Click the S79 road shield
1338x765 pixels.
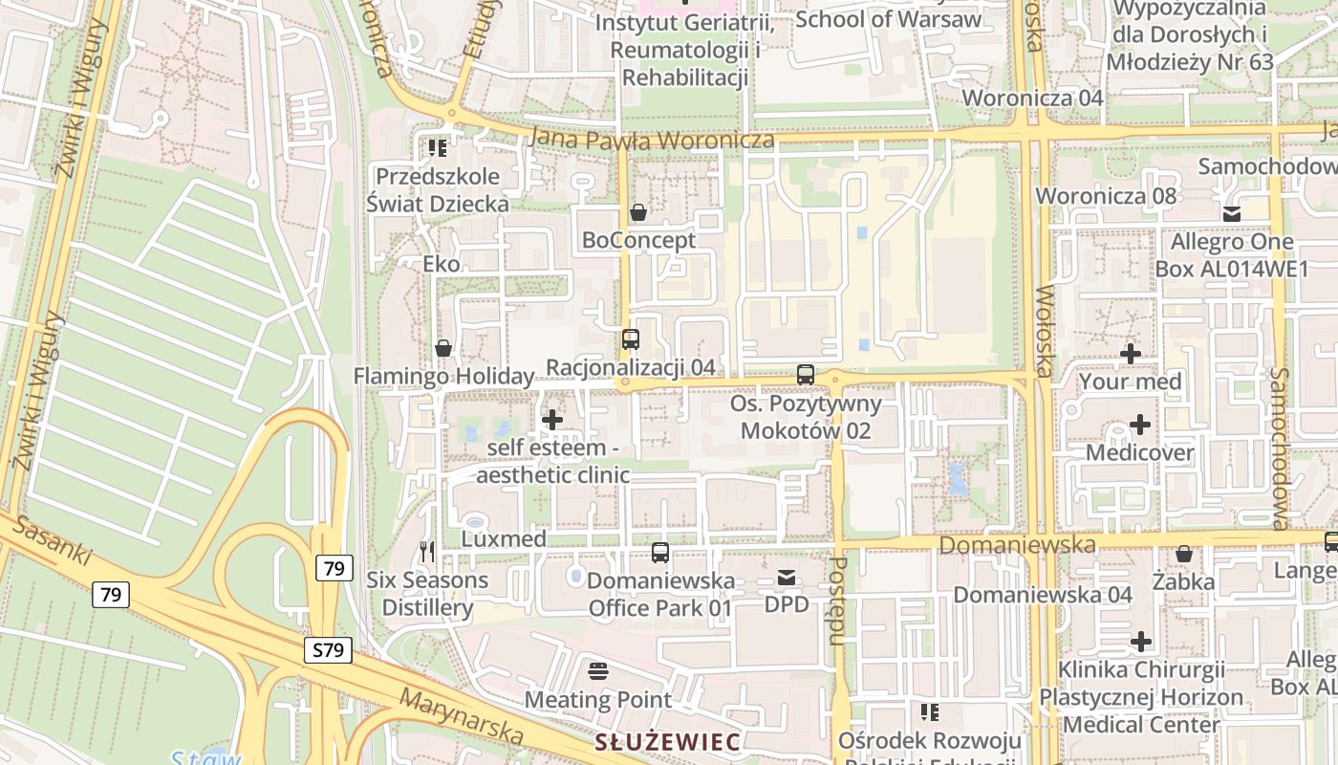point(328,650)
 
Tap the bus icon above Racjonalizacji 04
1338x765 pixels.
point(631,339)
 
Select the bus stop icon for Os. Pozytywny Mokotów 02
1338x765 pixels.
point(806,374)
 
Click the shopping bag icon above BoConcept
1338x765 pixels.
point(638,211)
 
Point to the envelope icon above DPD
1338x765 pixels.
point(787,577)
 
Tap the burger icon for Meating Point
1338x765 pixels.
point(598,671)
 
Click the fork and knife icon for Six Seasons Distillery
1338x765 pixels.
point(427,552)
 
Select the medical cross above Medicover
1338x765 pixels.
point(1140,424)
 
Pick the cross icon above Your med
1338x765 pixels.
point(1131,354)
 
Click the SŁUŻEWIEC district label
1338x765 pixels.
point(667,742)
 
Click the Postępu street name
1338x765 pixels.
point(838,600)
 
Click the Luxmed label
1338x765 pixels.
point(504,539)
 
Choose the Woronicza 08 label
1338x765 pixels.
point(1106,196)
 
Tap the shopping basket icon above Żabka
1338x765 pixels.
point(1183,554)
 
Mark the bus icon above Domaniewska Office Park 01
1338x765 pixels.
point(660,552)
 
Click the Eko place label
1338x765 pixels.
point(442,264)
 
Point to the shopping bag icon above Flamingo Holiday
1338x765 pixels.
point(443,348)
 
